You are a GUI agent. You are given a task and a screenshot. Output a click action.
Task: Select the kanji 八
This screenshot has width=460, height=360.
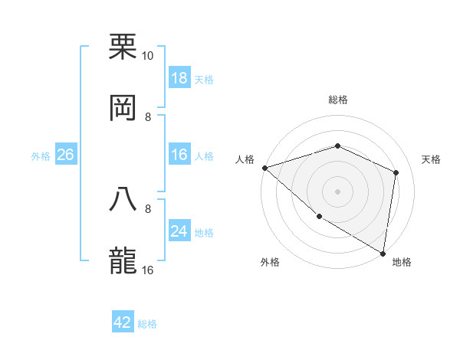pyautogui.click(x=123, y=198)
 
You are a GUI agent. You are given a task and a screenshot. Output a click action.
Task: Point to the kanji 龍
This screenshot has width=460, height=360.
pyautogui.click(x=123, y=260)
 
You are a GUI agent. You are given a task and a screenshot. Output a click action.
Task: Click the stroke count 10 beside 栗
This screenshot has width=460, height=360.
pyautogui.click(x=148, y=56)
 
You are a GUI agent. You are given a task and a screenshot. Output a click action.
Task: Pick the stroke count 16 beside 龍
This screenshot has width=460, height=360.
pyautogui.click(x=148, y=270)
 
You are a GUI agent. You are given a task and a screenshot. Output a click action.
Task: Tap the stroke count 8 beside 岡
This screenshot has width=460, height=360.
pyautogui.click(x=148, y=116)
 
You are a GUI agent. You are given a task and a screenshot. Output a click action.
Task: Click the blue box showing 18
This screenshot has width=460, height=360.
pyautogui.click(x=179, y=78)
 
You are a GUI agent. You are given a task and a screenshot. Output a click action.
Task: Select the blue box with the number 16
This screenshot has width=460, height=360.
pyautogui.click(x=179, y=155)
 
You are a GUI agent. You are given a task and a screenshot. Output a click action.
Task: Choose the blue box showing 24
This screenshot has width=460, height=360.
pyautogui.click(x=179, y=231)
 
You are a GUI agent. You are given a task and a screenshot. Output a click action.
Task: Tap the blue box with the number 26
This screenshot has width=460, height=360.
pyautogui.click(x=65, y=155)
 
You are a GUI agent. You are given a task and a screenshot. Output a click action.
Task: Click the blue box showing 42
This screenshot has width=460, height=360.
pyautogui.click(x=123, y=322)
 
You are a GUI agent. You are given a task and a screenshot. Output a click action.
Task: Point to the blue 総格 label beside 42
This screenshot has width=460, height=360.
pyautogui.click(x=147, y=324)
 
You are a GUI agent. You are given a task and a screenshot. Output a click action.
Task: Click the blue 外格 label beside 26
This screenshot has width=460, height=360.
pyautogui.click(x=41, y=156)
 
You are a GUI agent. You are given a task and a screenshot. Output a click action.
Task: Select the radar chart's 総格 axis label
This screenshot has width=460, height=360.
pyautogui.click(x=337, y=100)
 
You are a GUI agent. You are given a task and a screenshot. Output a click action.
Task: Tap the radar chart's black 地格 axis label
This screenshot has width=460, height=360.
pyautogui.click(x=402, y=263)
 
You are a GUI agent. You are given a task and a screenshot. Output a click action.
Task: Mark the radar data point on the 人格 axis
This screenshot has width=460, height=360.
pyautogui.click(x=264, y=168)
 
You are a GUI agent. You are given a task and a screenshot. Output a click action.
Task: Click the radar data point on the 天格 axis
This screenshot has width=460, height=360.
pyautogui.click(x=396, y=172)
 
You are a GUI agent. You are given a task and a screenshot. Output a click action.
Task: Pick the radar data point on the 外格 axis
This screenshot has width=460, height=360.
pyautogui.click(x=319, y=217)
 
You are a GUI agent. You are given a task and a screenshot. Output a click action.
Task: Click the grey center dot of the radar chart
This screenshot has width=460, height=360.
pyautogui.click(x=337, y=191)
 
